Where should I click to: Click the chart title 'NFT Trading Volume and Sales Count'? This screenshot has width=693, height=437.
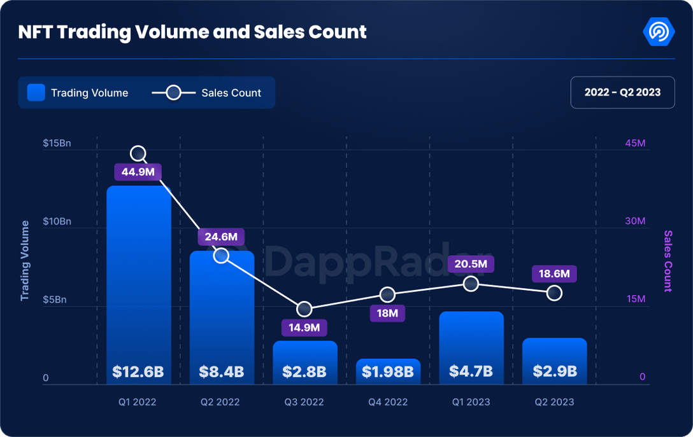[x=192, y=32]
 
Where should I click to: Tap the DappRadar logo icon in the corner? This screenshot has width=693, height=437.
[x=659, y=32]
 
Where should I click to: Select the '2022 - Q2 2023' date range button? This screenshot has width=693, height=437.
[x=622, y=92]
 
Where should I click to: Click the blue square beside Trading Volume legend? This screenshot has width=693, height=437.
[x=36, y=93]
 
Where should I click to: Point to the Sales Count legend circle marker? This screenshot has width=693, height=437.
[x=173, y=93]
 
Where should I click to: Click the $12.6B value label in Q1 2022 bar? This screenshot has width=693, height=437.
[x=138, y=371]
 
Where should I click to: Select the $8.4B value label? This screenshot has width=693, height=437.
[x=222, y=371]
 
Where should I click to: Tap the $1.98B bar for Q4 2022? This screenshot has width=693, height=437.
[x=388, y=371]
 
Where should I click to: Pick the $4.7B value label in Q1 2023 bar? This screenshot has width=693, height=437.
[x=471, y=371]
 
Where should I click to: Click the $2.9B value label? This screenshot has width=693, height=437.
[x=554, y=371]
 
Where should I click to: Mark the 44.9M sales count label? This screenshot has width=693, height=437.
[x=138, y=171]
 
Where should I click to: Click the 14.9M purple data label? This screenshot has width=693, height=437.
[x=304, y=328]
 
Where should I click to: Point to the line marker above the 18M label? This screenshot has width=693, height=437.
[x=388, y=295]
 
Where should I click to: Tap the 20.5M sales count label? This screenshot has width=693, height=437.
[x=471, y=264]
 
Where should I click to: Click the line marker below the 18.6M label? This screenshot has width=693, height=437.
[x=554, y=293]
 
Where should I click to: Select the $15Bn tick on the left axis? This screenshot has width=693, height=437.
[x=57, y=143]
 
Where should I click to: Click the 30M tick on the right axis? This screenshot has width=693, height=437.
[x=635, y=221]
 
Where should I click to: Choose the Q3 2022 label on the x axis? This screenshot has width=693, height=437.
[x=304, y=402]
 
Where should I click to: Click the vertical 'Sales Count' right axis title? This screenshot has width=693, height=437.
[x=668, y=261]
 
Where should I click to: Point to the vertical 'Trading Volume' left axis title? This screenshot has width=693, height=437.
[x=25, y=261]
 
